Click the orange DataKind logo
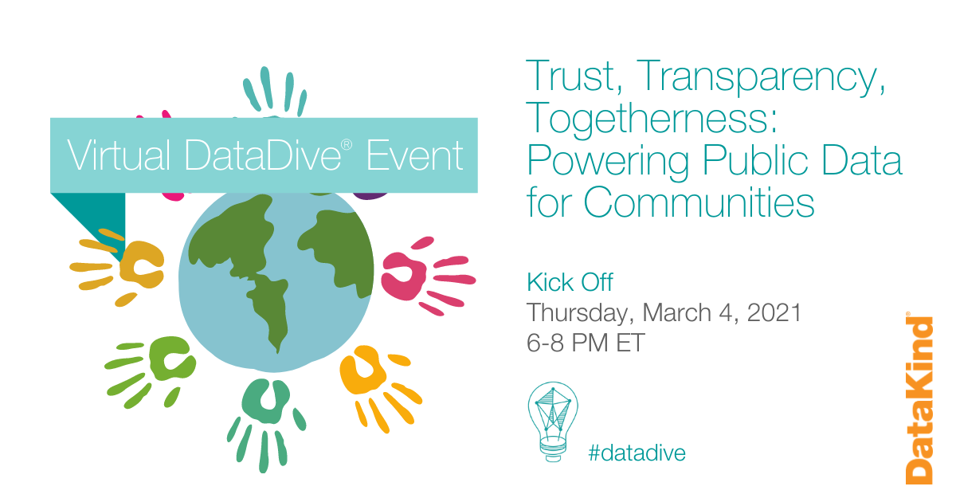pos(919,399)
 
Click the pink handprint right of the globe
pos(422,276)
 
